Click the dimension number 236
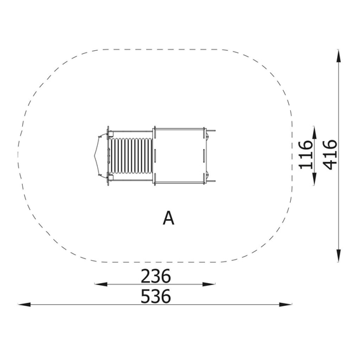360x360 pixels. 156,276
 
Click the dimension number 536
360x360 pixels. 156,297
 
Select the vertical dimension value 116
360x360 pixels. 305,155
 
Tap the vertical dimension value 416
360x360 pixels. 330,155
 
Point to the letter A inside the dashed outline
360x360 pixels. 168,218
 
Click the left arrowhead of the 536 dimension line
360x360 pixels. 24,305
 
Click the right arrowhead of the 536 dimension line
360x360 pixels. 286,305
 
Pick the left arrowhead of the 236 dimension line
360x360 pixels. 101,284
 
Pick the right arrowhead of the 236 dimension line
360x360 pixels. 209,284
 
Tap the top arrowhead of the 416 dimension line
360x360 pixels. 338,56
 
